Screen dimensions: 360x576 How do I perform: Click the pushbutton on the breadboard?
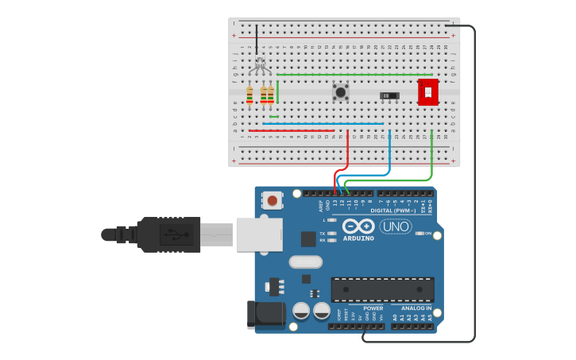[x=341, y=92]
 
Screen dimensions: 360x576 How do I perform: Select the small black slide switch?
[x=389, y=96]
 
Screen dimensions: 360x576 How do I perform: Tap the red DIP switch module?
[x=428, y=91]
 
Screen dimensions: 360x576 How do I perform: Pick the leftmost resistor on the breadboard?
[x=250, y=95]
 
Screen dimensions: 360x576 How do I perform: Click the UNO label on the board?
[x=395, y=226]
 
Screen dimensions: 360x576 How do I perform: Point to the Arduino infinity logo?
[x=358, y=226]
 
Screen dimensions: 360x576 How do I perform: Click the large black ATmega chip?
[x=382, y=289]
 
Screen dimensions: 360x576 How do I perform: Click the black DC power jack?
[x=265, y=315]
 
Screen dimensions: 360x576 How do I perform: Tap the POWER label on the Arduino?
[x=373, y=308]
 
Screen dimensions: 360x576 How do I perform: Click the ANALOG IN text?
[x=416, y=308]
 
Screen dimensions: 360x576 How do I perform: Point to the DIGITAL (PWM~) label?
[x=397, y=211]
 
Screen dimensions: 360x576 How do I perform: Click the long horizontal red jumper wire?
[x=291, y=130]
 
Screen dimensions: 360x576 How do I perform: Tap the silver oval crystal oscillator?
[x=305, y=261]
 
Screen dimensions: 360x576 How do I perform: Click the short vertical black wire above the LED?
[x=257, y=40]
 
